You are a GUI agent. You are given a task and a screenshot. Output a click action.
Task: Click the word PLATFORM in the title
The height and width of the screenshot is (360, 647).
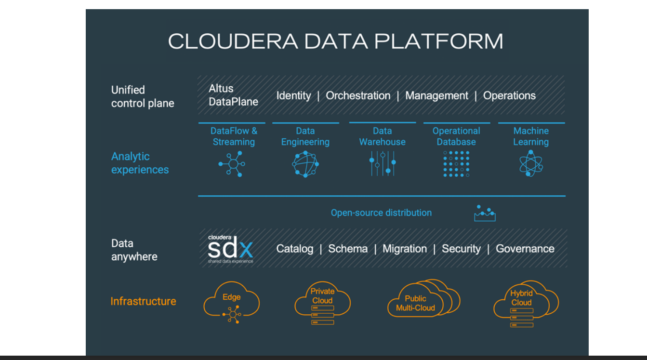439,41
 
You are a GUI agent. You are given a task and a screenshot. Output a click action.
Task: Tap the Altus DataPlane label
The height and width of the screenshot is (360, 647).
233,95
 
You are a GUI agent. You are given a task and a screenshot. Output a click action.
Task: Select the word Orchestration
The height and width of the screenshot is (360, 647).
358,95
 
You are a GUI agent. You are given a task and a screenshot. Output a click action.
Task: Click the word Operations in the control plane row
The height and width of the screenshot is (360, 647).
509,95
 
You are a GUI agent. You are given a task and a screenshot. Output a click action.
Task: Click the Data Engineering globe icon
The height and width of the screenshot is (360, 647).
305,164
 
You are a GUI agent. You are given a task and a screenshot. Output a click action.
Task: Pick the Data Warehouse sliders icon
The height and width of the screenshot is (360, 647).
383,163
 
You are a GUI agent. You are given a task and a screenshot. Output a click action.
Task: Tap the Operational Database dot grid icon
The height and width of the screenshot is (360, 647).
456,164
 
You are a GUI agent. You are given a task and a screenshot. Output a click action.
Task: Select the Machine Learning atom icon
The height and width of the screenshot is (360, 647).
531,163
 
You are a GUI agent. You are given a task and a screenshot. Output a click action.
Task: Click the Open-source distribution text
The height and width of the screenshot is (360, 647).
381,213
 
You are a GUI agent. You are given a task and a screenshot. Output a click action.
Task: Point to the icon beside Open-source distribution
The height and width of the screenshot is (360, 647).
485,213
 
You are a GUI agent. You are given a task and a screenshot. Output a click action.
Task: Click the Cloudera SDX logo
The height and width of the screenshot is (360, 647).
230,249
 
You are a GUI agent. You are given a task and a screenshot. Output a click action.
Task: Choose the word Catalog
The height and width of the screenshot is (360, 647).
295,249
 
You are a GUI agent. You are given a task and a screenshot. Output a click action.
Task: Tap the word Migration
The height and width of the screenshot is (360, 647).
405,249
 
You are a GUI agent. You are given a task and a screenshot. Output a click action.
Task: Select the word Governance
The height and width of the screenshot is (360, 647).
525,249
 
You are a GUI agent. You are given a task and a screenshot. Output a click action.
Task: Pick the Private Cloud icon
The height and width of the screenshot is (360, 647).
323,303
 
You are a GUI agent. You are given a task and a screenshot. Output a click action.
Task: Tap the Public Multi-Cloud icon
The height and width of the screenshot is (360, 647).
423,298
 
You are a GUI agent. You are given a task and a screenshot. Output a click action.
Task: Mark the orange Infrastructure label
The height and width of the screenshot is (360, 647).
143,301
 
